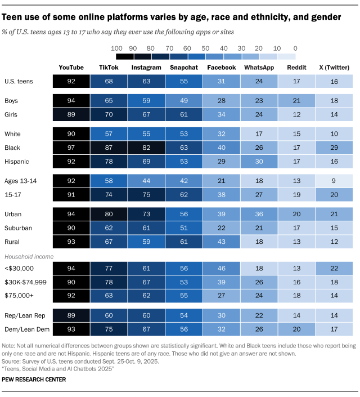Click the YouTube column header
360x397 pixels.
71,68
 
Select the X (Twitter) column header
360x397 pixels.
334,68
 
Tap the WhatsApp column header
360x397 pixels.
259,68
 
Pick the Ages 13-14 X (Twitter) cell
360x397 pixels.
334,181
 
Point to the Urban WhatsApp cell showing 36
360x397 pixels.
259,215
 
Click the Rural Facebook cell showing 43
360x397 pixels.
221,242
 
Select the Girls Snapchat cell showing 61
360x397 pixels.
183,114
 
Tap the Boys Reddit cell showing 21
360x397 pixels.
296,101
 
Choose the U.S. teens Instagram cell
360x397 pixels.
146,81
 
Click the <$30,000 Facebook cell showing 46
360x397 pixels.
221,270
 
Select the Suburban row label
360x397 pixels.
18,228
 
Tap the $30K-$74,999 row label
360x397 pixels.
25,283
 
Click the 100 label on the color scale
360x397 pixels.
117,48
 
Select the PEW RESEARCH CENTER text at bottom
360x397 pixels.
34,380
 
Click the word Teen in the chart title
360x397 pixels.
15,17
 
